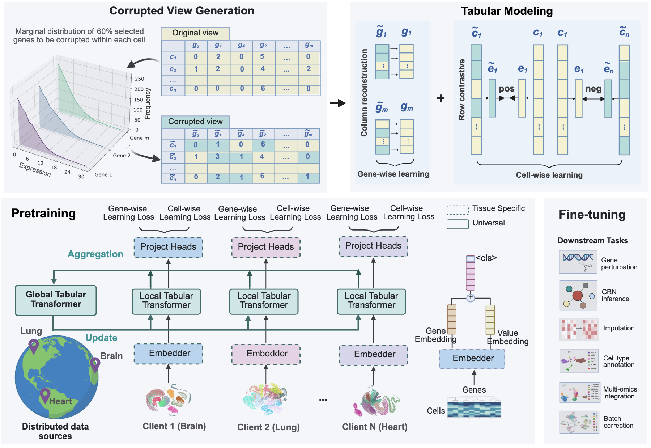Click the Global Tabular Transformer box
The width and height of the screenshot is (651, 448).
tap(56, 300)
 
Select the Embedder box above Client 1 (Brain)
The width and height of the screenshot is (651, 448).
tap(169, 354)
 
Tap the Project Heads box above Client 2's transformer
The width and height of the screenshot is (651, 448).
tap(266, 247)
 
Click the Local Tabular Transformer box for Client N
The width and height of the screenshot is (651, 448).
tap(371, 301)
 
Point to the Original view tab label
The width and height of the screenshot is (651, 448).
tap(195, 33)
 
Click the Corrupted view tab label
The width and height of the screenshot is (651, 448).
tap(195, 122)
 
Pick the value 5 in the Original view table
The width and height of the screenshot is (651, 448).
tap(262, 57)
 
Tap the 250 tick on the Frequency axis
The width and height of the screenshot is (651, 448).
tap(139, 79)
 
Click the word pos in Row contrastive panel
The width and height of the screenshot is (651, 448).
tap(507, 89)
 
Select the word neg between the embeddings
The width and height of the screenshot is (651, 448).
tap(593, 89)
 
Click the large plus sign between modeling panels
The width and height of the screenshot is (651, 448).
tap(441, 98)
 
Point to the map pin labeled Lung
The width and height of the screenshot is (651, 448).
tap(34, 346)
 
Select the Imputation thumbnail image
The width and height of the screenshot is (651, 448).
tap(579, 330)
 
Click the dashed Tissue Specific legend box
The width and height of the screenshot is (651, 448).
tap(458, 210)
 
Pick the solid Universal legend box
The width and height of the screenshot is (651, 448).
tap(458, 224)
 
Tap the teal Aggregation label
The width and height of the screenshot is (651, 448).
tap(95, 254)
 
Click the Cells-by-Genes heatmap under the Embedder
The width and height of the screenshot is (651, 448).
tap(474, 408)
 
